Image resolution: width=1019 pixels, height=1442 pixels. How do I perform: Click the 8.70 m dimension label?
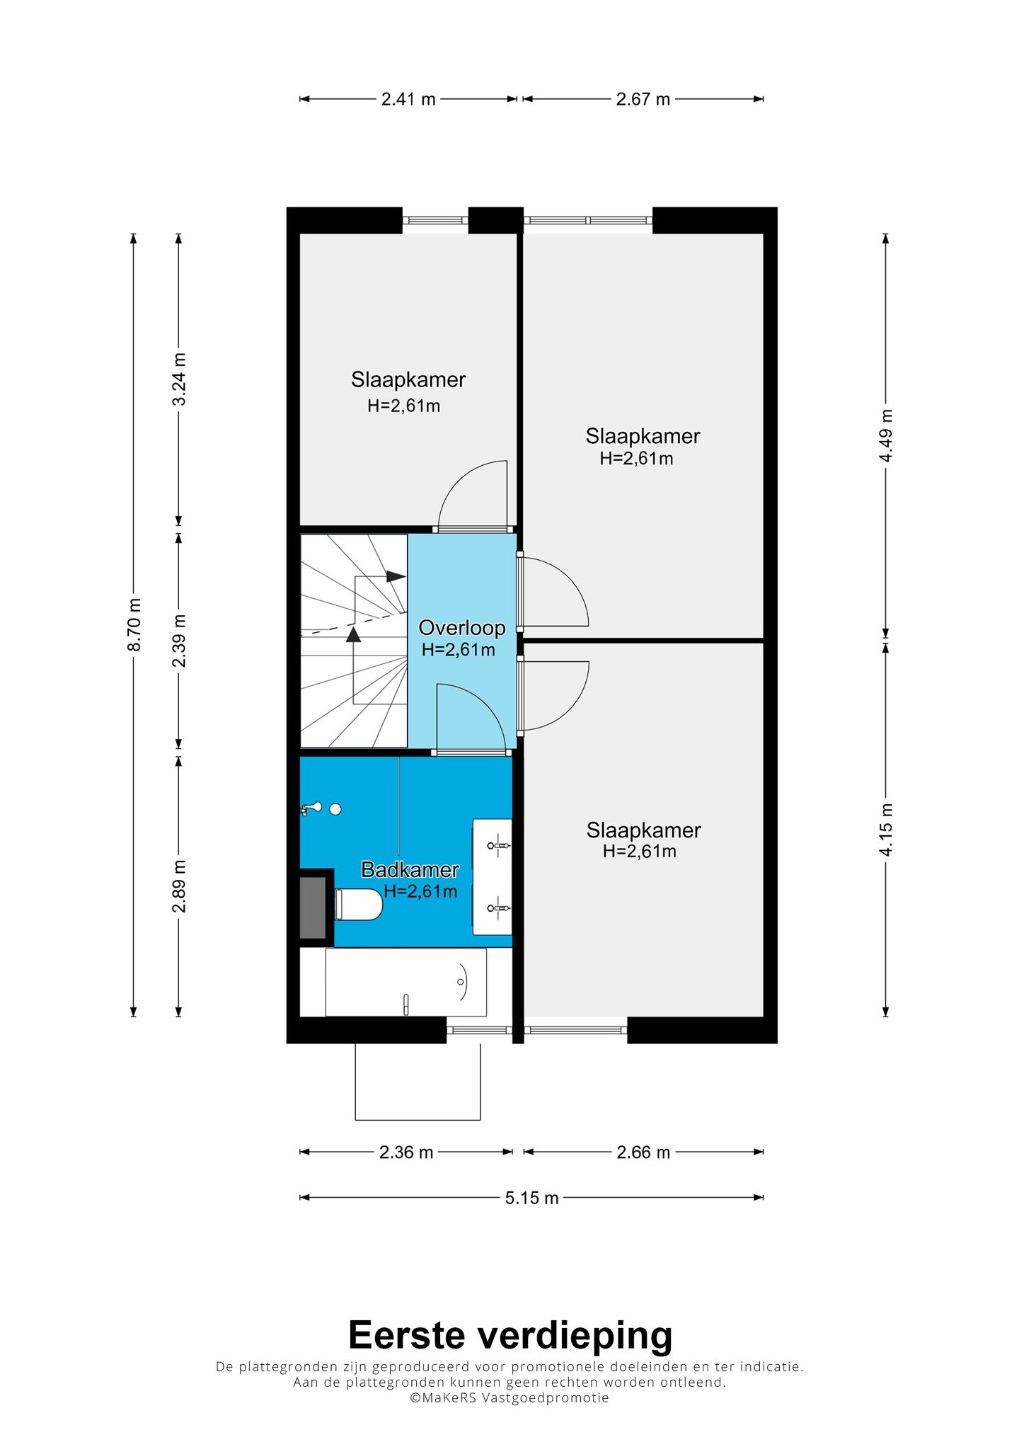pos(134,624)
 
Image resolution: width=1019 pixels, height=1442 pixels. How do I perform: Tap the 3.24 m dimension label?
pos(180,379)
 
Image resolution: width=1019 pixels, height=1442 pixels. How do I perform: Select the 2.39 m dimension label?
pos(180,641)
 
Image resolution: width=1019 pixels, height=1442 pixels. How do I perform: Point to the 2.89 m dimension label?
pos(180,886)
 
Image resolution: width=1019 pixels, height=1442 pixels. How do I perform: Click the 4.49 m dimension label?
pos(886,435)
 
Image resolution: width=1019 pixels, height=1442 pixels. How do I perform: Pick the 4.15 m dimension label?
pos(886,830)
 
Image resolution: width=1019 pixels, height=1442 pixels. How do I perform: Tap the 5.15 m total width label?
pos(531,1198)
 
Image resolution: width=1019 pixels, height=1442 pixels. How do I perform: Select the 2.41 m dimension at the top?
pos(408,99)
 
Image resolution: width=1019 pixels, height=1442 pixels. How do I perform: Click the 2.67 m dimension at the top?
pos(643,99)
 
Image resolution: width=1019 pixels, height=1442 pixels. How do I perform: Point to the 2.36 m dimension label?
pos(406,1152)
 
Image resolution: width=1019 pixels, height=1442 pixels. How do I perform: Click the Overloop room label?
pos(462,628)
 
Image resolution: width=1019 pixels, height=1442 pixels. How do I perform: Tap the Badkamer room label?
pos(410,870)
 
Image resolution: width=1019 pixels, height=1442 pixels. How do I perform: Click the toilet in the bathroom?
pos(359,904)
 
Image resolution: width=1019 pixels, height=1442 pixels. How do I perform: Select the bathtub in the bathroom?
pos(406,982)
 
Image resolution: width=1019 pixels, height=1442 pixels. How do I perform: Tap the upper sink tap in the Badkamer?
pos(499,845)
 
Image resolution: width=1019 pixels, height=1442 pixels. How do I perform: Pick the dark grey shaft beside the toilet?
pos(313,908)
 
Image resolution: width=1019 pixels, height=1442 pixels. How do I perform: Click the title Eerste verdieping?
pos(510,1335)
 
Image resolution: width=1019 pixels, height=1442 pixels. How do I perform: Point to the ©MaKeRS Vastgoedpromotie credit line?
pos(509,1397)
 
